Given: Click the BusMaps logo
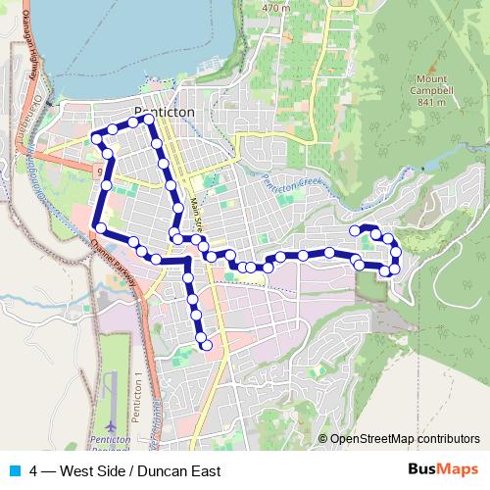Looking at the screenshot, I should tap(442, 470).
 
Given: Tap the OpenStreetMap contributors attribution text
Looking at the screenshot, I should tap(405, 439).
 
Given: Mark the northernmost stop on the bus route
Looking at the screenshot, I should tap(149, 119).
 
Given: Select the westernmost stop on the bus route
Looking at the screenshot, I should tap(96, 139).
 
